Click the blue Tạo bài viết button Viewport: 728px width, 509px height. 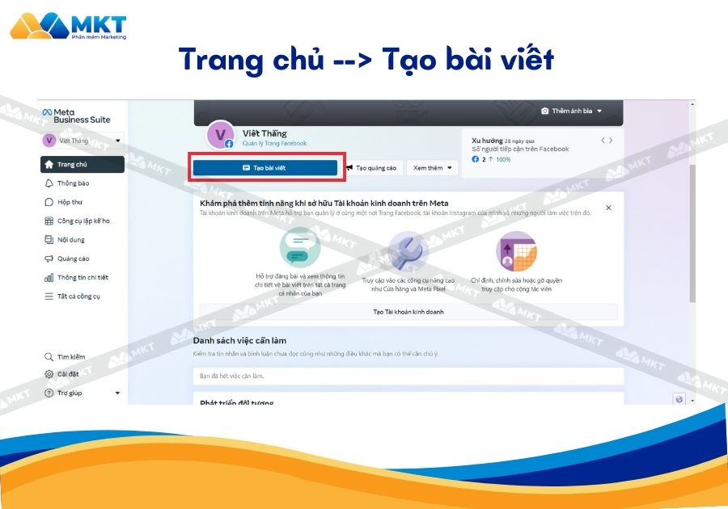click(265, 167)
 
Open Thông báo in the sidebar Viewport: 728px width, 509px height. click(73, 183)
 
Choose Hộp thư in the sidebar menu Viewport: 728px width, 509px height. click(70, 202)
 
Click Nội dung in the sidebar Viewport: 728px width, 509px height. click(70, 239)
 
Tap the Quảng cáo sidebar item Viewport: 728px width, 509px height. click(73, 259)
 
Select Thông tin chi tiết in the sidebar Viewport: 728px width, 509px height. click(82, 277)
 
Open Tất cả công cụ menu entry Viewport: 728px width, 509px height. click(78, 296)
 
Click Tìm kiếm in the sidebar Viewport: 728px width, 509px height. click(70, 356)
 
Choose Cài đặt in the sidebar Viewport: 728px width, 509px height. click(67, 374)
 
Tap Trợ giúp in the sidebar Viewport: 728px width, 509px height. click(69, 393)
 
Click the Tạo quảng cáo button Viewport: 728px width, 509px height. click(371, 168)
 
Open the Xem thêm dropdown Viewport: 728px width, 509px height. click(433, 168)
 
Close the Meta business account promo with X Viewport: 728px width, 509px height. click(608, 208)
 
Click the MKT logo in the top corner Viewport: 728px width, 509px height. click(68, 25)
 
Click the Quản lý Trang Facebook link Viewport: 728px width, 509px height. click(274, 144)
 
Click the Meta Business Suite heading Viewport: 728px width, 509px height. click(77, 116)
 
